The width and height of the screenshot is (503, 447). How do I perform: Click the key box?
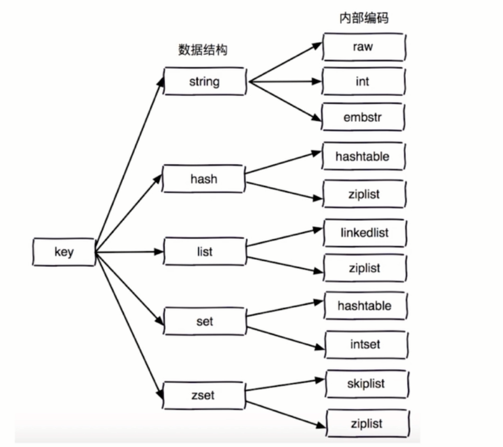pyautogui.click(x=64, y=252)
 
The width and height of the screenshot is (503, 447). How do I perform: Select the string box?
pyautogui.click(x=205, y=82)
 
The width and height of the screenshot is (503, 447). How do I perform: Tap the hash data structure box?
pyautogui.click(x=204, y=179)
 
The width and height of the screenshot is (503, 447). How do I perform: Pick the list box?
pyautogui.click(x=205, y=251)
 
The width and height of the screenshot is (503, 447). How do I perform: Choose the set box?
pyautogui.click(x=205, y=321)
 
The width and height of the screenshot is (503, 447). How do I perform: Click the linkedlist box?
pyautogui.click(x=364, y=232)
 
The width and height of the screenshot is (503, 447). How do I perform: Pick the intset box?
pyautogui.click(x=365, y=345)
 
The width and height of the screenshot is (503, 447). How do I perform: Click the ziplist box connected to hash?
pyautogui.click(x=364, y=194)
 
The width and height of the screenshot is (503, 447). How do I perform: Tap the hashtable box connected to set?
pyautogui.click(x=364, y=306)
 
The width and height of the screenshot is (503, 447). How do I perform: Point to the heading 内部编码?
pyautogui.click(x=364, y=18)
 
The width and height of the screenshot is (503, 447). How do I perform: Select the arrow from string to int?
pyautogui.click(x=284, y=82)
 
